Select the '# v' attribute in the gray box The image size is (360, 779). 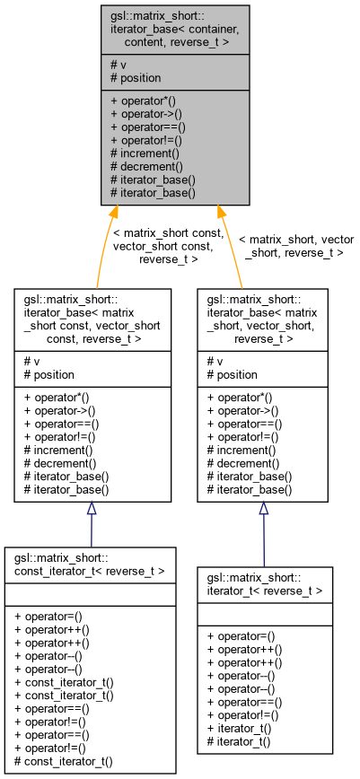pyautogui.click(x=118, y=64)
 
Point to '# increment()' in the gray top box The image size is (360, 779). pyautogui.click(x=146, y=153)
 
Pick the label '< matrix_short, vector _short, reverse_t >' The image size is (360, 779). pyautogui.click(x=295, y=247)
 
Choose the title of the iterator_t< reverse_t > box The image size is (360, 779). pyautogui.click(x=265, y=584)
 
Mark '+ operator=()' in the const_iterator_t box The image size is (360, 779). pyautogui.click(x=53, y=615)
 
